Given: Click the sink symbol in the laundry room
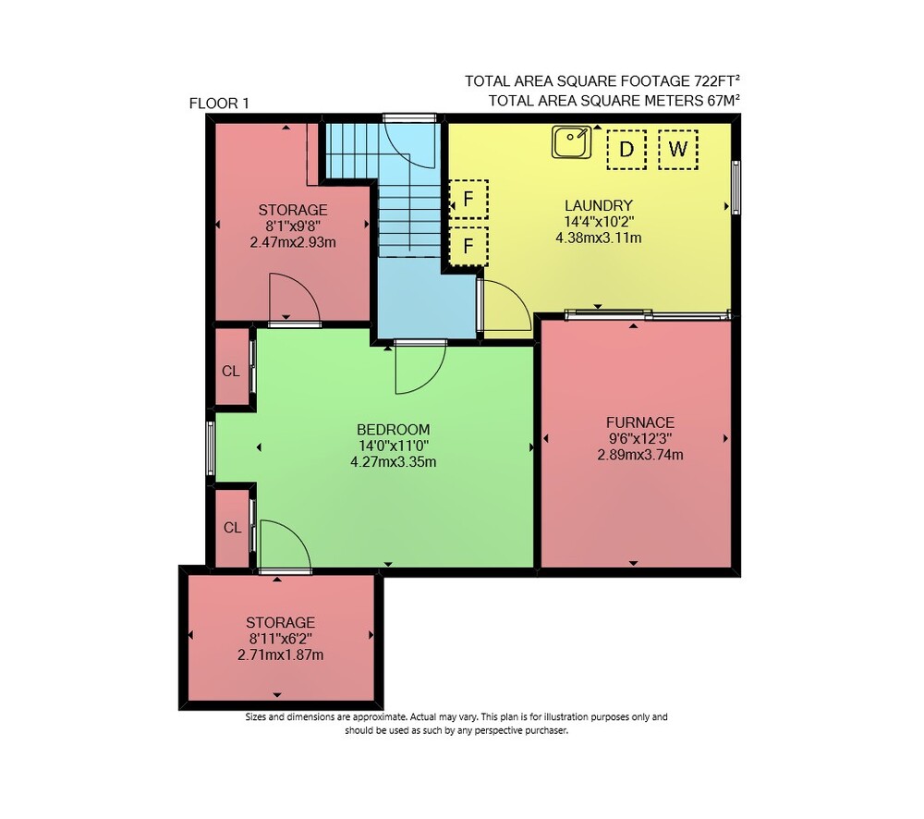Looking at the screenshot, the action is tap(571, 142).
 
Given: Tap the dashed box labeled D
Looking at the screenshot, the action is tap(626, 150).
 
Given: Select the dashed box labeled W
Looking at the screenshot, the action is tap(677, 150).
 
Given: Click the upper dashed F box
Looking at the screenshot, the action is tap(468, 200).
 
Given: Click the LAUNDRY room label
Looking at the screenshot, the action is tap(598, 205).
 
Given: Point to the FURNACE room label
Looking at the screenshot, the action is tap(640, 422).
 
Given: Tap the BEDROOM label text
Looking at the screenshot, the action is tap(393, 429).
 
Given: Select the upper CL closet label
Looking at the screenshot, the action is tap(230, 371).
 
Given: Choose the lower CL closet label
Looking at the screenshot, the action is tap(232, 527).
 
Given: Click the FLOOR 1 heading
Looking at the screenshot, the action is tap(219, 104).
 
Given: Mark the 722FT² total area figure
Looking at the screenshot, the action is tap(717, 80).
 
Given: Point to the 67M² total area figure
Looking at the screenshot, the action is tap(723, 100).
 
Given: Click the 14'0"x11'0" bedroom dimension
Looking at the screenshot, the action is tap(393, 446).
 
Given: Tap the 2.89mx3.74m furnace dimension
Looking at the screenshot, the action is tap(640, 455).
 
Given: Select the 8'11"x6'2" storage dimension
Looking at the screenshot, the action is tap(281, 639).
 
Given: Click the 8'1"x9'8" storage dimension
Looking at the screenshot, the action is tap(293, 226).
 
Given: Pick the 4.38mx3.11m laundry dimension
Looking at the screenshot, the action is tap(598, 238).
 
